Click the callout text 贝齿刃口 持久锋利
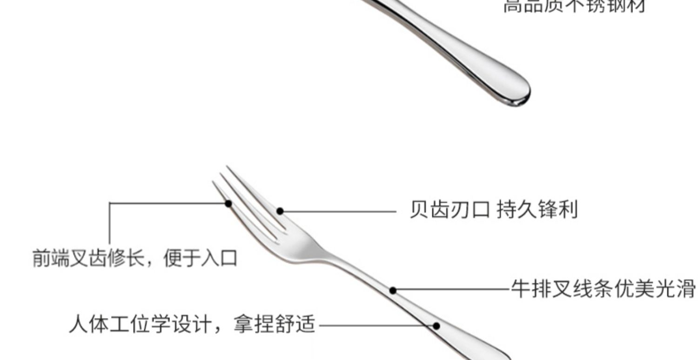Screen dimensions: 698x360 point(493,210)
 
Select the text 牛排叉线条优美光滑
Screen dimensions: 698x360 point(603,289)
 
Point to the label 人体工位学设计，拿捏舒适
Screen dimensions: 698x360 point(192,324)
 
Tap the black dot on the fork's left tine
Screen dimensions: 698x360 point(228,203)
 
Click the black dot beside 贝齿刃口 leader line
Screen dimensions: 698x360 point(280,211)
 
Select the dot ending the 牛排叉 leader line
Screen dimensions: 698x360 point(393,291)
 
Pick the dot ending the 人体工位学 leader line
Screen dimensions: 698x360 point(436,326)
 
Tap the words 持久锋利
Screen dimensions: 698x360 point(537,210)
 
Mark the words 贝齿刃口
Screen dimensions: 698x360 point(449,210)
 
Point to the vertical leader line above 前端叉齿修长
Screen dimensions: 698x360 point(110,223)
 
